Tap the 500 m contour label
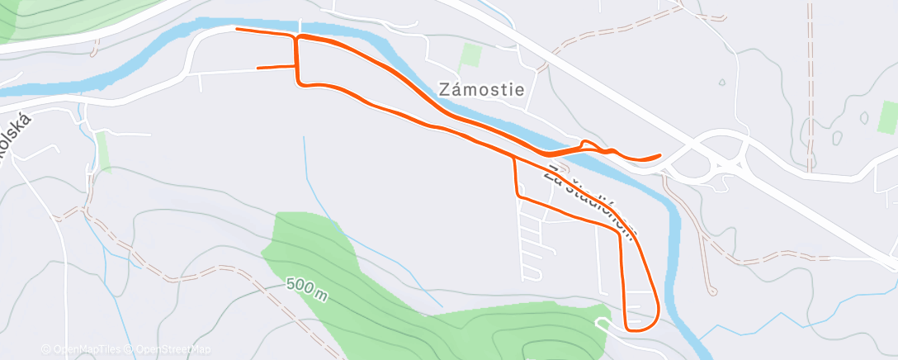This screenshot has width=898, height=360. (307, 288)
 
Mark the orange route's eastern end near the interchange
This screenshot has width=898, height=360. (659, 155)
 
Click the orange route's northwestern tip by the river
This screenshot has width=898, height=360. (238, 30)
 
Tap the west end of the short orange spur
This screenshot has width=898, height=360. (258, 68)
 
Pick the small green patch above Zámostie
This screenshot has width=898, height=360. (471, 55)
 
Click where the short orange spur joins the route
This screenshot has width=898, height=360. (296, 67)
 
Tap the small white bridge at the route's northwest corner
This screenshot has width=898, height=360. (299, 27)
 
